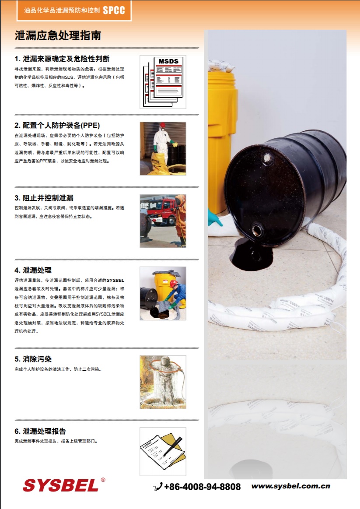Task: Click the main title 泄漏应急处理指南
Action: click(58, 36)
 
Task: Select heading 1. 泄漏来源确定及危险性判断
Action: click(62, 59)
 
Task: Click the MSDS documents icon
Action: click(163, 82)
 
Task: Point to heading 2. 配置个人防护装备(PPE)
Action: click(57, 125)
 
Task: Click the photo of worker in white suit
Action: click(163, 148)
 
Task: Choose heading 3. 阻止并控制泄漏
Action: click(44, 198)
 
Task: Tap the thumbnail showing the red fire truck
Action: click(163, 221)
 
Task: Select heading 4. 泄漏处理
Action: click(33, 270)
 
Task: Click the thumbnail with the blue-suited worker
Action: click(163, 293)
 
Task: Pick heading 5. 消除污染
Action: click(33, 359)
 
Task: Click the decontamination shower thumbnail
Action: click(163, 382)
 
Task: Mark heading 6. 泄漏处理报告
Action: click(40, 431)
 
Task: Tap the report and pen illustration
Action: click(163, 451)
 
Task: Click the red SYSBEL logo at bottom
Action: click(61, 485)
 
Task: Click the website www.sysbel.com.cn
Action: click(290, 486)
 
